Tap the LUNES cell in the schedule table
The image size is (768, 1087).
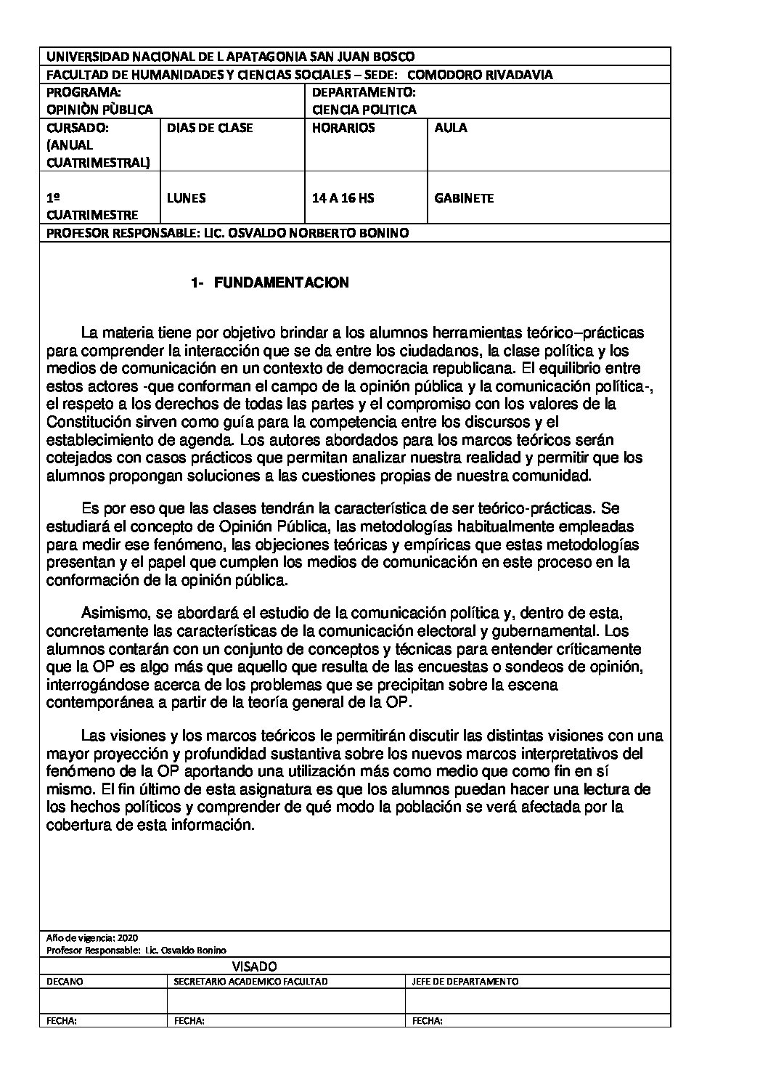click(x=186, y=198)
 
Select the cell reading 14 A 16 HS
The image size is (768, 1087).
click(x=343, y=198)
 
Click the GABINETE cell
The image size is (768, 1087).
click(x=464, y=198)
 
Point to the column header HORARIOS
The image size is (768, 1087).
click(x=343, y=128)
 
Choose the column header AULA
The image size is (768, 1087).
click(x=451, y=128)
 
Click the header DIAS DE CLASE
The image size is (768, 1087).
click(x=210, y=128)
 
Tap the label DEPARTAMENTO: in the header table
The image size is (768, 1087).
click(x=364, y=93)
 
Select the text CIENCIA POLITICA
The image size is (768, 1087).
click(x=364, y=110)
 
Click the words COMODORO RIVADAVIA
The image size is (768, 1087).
click(x=480, y=74)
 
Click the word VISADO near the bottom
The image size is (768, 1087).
click(x=255, y=966)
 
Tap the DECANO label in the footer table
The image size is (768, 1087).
click(x=65, y=982)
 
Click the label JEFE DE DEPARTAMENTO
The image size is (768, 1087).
click(x=465, y=982)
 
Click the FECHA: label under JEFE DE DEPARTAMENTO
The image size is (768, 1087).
click(x=428, y=1020)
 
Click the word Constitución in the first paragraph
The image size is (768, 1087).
click(x=91, y=422)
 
